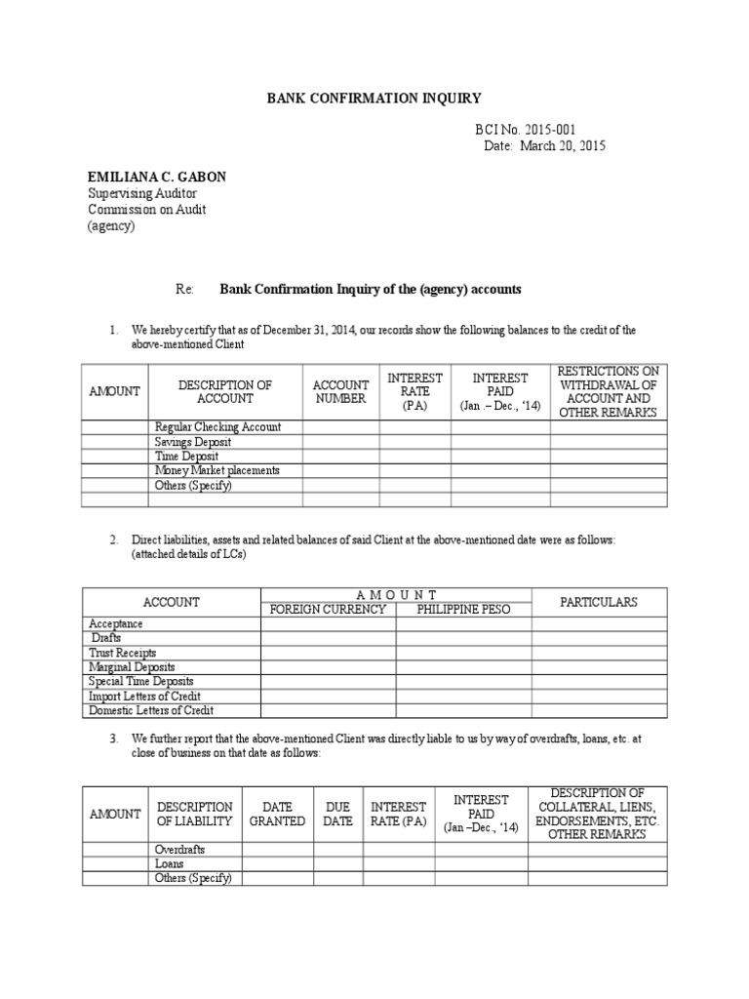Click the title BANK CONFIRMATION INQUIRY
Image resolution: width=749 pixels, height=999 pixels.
[374, 99]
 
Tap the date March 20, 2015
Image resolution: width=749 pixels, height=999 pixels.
[545, 145]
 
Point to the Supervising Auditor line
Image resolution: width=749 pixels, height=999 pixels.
[142, 194]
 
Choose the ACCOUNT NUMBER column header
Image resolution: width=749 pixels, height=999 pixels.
[340, 391]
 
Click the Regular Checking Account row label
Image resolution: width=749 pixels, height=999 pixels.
[217, 427]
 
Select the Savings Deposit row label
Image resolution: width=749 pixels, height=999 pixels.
[193, 442]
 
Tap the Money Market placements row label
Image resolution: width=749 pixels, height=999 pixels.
[217, 470]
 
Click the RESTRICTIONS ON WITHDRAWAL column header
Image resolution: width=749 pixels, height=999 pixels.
[608, 391]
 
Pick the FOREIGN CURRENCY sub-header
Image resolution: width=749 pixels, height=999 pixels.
[327, 610]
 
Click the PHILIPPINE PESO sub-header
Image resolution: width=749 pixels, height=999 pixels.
[463, 610]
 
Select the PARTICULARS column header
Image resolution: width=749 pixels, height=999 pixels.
[599, 602]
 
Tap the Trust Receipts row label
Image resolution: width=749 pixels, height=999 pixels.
[123, 653]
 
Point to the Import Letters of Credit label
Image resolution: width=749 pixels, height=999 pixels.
[143, 697]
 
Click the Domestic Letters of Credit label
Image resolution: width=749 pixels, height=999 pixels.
[151, 711]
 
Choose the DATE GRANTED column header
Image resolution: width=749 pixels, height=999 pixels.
[277, 814]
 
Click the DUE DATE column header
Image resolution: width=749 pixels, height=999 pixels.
[337, 814]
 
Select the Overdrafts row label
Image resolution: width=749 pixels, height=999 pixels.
[180, 850]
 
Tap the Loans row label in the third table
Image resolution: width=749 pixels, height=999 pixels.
[170, 864]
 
